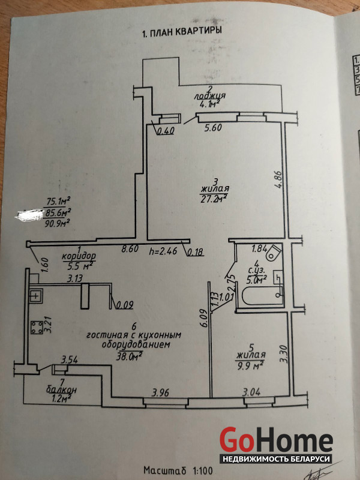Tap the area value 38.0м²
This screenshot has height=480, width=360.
133,355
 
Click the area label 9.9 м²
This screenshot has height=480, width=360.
251,365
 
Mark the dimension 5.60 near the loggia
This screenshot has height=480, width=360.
213,127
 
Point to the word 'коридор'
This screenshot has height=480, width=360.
78,256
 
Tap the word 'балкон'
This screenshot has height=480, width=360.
61,390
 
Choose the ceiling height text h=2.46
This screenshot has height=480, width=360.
164,253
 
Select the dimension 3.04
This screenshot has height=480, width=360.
251,393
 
